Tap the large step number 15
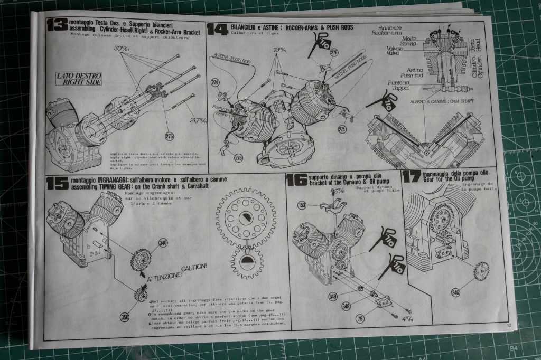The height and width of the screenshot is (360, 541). coord(57,183)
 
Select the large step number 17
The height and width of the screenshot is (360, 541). coord(412,176)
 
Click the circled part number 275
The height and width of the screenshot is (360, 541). coord(169,136)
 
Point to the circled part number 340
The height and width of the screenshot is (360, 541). coord(163,242)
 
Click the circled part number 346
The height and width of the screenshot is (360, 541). coord(454,292)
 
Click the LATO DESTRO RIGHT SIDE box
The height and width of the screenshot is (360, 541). coord(79,79)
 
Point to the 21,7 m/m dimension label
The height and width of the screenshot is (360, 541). coord(199,121)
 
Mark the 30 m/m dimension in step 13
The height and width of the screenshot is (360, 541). coord(122,49)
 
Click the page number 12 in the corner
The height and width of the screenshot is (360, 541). coord(508,326)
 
